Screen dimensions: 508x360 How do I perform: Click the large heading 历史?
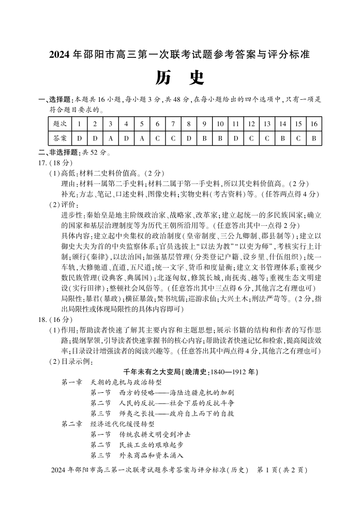pos(179,78)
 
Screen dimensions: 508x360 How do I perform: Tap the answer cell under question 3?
pos(110,138)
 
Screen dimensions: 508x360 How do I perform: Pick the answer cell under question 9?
pos(204,138)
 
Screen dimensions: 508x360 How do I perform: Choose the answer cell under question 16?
pos(313,138)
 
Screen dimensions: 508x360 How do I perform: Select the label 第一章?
pos(71,382)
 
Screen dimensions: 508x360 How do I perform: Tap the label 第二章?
pos(71,424)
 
